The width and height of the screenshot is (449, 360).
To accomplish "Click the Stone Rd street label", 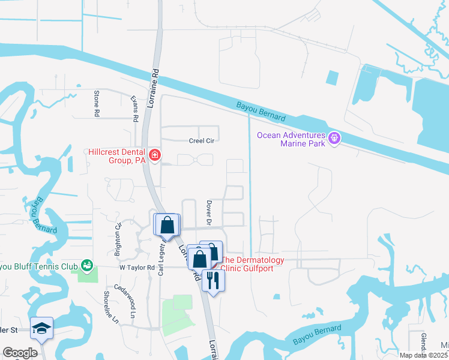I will click(x=96, y=103).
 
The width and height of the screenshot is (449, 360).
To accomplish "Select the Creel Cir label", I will click(x=202, y=140).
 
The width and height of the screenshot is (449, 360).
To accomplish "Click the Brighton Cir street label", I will click(x=118, y=235).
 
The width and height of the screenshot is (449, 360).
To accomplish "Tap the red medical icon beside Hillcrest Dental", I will click(x=155, y=156).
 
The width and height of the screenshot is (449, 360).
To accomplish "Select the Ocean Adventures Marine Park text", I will click(x=291, y=139).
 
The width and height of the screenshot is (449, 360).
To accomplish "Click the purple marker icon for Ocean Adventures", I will click(x=335, y=139).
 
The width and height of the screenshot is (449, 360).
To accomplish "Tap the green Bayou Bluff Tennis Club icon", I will click(x=87, y=265).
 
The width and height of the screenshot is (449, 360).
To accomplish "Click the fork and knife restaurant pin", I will click(x=213, y=280).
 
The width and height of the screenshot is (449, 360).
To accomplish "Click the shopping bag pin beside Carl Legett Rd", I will click(x=167, y=225).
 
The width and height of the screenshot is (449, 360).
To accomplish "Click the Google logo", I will click(x=20, y=353).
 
